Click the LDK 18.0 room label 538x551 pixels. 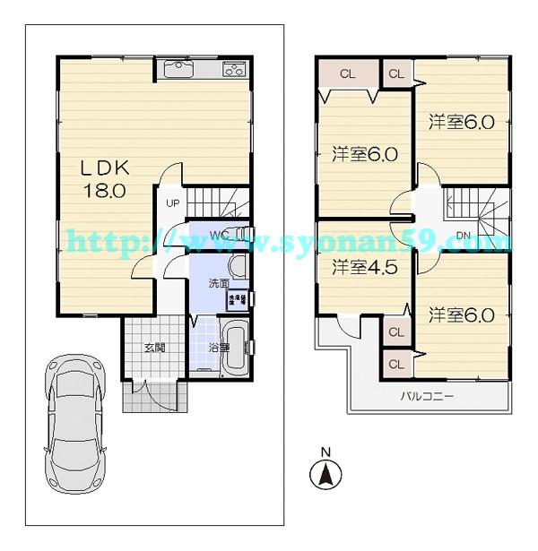[108, 178]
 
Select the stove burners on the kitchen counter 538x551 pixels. [235, 68]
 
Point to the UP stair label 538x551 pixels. [172, 202]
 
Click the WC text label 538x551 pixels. [218, 237]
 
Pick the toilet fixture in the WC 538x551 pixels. [239, 237]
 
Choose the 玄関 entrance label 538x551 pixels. [155, 348]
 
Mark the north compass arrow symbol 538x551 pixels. [327, 475]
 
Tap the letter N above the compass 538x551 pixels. [327, 452]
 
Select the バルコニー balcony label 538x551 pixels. [428, 395]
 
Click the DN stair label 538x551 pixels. [463, 236]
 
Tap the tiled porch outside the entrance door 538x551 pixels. [154, 397]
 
